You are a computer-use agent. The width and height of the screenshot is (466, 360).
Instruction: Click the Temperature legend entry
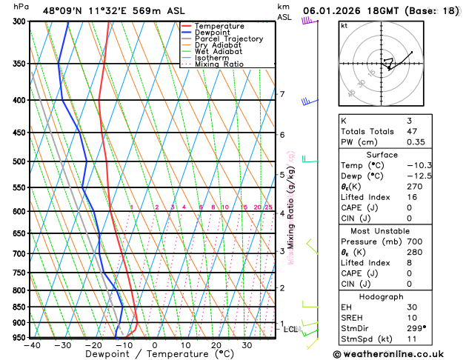click(221, 26)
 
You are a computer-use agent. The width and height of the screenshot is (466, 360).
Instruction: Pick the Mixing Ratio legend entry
click(218, 64)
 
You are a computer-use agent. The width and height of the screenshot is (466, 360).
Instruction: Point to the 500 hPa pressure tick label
click(17, 161)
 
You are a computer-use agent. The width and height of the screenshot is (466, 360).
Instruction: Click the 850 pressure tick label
click(17, 307)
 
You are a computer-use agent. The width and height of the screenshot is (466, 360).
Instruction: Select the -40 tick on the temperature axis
click(31, 345)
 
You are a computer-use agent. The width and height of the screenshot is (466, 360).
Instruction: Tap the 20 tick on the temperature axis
click(216, 345)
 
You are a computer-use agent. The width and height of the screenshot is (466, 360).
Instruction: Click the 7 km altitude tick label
click(282, 94)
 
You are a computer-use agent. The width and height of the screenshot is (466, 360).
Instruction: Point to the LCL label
click(291, 329)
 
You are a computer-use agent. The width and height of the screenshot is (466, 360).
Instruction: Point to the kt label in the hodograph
click(344, 26)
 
